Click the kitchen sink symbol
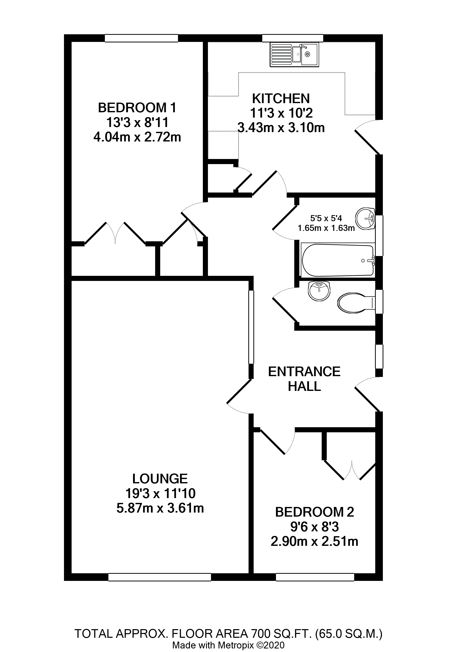(294, 55)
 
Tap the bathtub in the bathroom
(338, 260)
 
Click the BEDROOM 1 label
(137, 108)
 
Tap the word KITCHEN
(281, 99)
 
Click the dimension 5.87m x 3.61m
(160, 508)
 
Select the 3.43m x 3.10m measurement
(281, 128)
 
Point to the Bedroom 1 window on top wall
(141, 38)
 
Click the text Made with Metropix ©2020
(228, 645)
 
